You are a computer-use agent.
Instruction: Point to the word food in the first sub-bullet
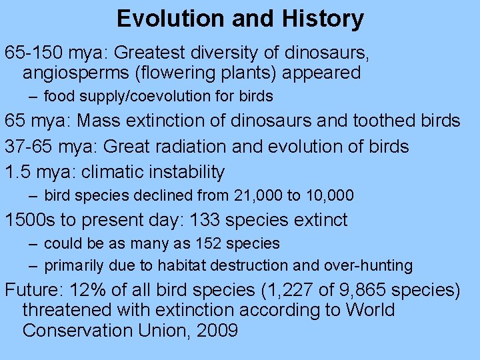click(x=58, y=97)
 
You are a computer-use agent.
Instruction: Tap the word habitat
click(x=181, y=266)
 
